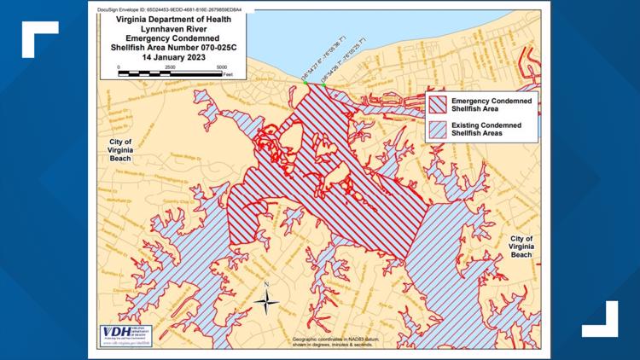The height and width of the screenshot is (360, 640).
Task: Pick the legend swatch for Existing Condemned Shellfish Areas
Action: coord(438,130)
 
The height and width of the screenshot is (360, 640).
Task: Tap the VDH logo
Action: coord(111,334)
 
